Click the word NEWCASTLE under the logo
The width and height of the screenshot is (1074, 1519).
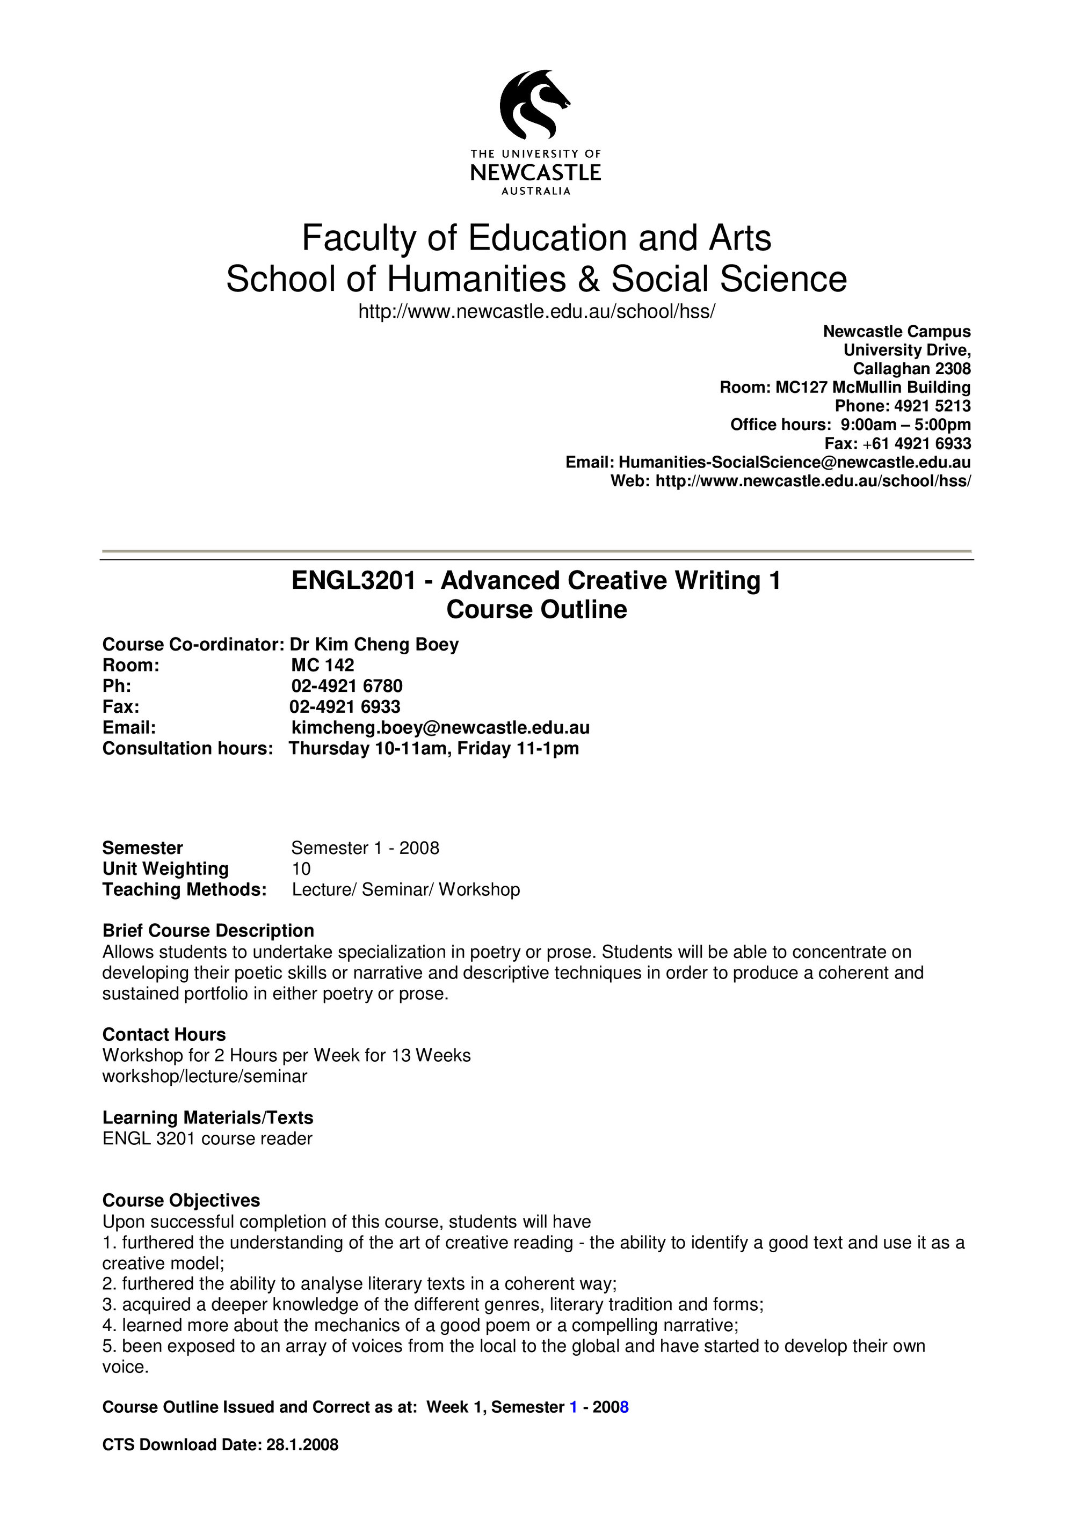coord(535,173)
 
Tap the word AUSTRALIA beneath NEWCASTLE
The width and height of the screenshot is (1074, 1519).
coord(535,191)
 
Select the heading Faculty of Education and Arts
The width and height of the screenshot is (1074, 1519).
coord(536,238)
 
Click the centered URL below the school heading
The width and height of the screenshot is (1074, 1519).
coord(536,311)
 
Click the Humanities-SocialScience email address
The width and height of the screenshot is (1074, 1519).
coord(794,462)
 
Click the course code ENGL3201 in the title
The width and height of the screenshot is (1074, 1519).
coord(353,581)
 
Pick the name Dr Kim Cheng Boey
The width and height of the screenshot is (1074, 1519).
coord(374,645)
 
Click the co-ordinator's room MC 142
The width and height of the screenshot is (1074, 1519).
coord(322,665)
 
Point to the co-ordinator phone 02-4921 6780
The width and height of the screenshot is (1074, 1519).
coord(347,686)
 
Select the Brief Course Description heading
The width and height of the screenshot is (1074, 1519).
coord(208,931)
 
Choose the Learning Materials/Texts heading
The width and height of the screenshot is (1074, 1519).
coord(207,1118)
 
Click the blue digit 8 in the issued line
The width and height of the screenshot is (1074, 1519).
coord(624,1407)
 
